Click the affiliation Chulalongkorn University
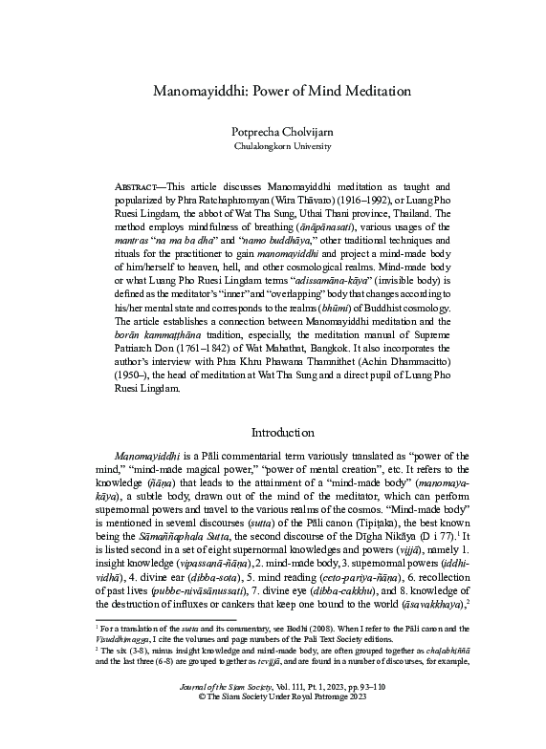coord(273,147)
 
